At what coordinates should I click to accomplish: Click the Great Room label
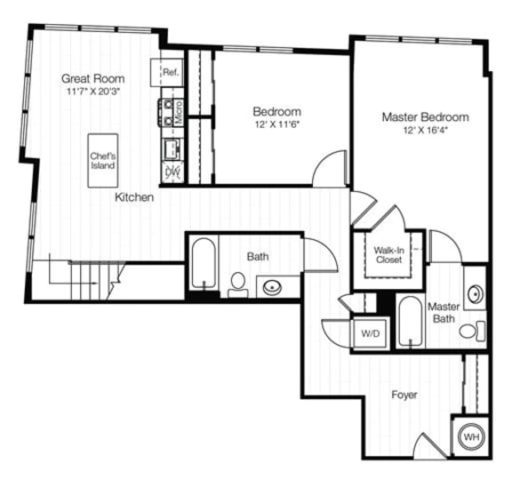[x=93, y=77]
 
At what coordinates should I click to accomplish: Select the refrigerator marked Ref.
[x=170, y=72]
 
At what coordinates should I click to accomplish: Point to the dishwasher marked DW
[x=172, y=170]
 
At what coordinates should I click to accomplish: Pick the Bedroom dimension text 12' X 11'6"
[x=276, y=125]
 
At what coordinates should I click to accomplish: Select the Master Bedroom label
[x=425, y=116]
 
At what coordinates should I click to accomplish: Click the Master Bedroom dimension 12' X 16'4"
[x=425, y=131]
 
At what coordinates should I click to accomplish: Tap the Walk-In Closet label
[x=388, y=255]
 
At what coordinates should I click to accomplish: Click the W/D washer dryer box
[x=368, y=333]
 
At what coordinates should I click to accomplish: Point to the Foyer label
[x=404, y=394]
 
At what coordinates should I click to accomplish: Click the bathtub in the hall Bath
[x=202, y=263]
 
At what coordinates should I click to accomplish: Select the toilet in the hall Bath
[x=237, y=284]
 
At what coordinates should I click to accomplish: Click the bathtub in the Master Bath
[x=410, y=322]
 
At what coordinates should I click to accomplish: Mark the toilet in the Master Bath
[x=470, y=332]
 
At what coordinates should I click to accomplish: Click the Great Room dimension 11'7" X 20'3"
[x=93, y=91]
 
